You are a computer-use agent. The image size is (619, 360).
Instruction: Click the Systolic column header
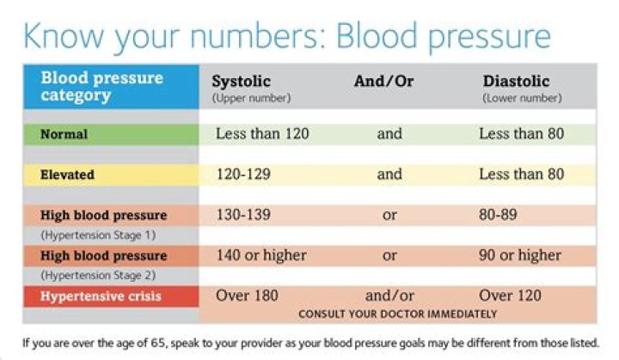click(x=242, y=82)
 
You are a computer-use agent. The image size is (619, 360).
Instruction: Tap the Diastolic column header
click(x=516, y=82)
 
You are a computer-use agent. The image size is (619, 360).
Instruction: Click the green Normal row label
click(x=64, y=135)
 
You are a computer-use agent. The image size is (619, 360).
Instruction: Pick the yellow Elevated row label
click(x=68, y=174)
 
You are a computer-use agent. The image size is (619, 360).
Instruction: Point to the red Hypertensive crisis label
click(x=101, y=296)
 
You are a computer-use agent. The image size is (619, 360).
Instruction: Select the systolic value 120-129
click(x=242, y=174)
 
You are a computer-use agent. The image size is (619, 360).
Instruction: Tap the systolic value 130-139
click(x=242, y=215)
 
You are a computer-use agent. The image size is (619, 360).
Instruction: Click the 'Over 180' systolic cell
click(x=245, y=296)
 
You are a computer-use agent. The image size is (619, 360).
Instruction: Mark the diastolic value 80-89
click(x=500, y=215)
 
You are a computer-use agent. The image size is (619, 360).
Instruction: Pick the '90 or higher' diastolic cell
click(x=520, y=255)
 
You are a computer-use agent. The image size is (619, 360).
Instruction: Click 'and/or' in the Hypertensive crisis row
click(x=389, y=296)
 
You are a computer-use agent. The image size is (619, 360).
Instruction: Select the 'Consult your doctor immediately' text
click(x=397, y=314)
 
